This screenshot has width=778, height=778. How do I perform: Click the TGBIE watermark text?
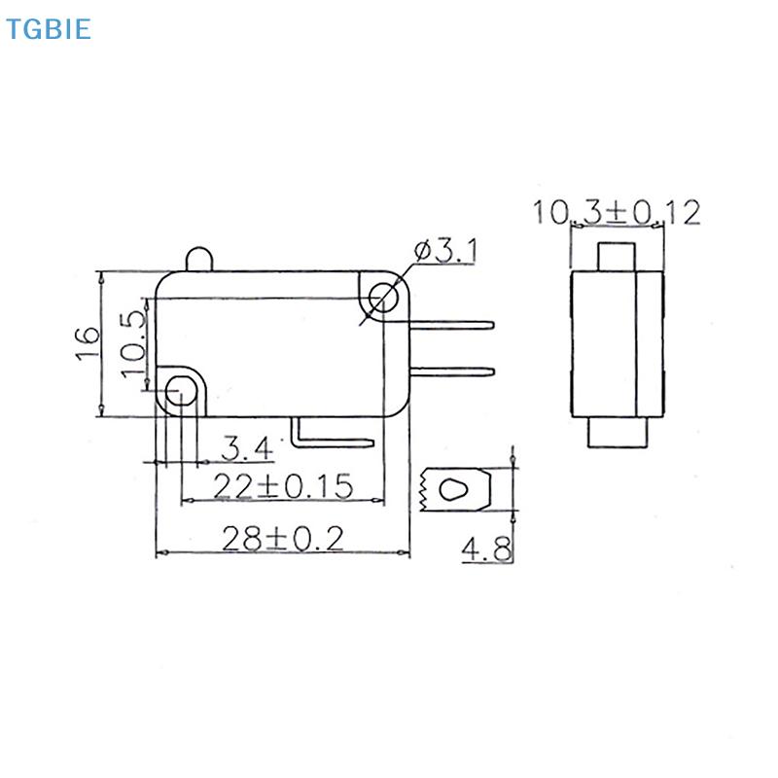tap(47, 29)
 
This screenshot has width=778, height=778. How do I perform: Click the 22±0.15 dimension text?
tap(282, 486)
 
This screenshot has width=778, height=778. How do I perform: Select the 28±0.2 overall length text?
tap(282, 538)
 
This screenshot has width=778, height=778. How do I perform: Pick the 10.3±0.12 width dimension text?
tap(616, 212)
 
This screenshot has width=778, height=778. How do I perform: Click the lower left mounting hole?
tap(180, 391)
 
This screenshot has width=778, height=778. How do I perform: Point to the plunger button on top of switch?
tap(198, 259)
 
